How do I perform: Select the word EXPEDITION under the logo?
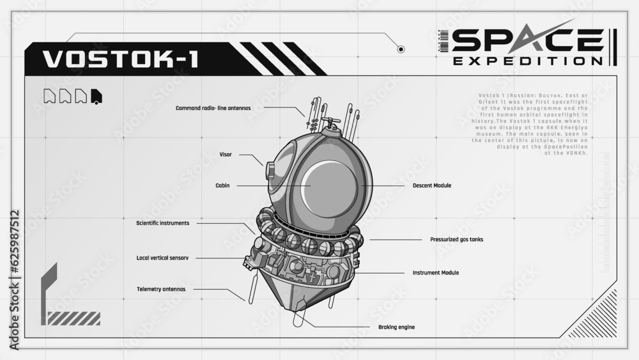[527, 61]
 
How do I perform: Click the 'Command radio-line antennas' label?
[213, 108]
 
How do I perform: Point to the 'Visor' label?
[226, 154]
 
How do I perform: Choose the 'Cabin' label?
[222, 185]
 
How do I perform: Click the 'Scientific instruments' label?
[162, 223]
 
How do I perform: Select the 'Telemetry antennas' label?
[161, 289]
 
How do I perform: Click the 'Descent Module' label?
[432, 185]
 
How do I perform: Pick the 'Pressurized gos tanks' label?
[456, 240]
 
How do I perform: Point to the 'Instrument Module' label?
[436, 272]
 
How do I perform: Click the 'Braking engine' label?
[397, 327]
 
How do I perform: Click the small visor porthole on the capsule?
[269, 170]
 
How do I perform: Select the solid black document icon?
[96, 96]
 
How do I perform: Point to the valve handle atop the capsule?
[330, 121]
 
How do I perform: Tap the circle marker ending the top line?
[401, 49]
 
